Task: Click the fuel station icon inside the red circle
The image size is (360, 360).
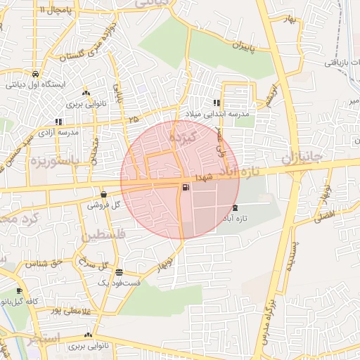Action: pos(185,187)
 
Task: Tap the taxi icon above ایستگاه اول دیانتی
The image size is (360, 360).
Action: pos(34,74)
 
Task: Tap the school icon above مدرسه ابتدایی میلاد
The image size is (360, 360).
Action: pos(217,103)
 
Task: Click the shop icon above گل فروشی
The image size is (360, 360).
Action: pos(103,195)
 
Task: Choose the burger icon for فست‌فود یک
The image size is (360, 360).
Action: pos(119,272)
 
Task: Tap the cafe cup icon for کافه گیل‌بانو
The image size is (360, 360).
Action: pos(19,290)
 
